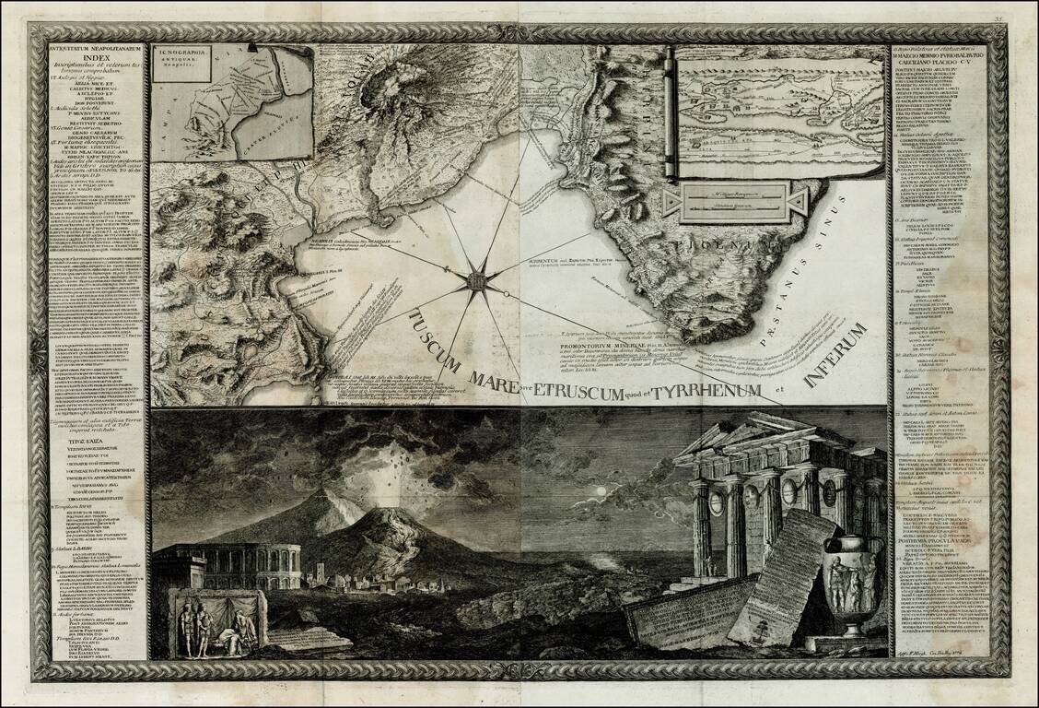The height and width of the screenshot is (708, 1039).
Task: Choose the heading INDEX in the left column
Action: [x=95, y=62]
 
